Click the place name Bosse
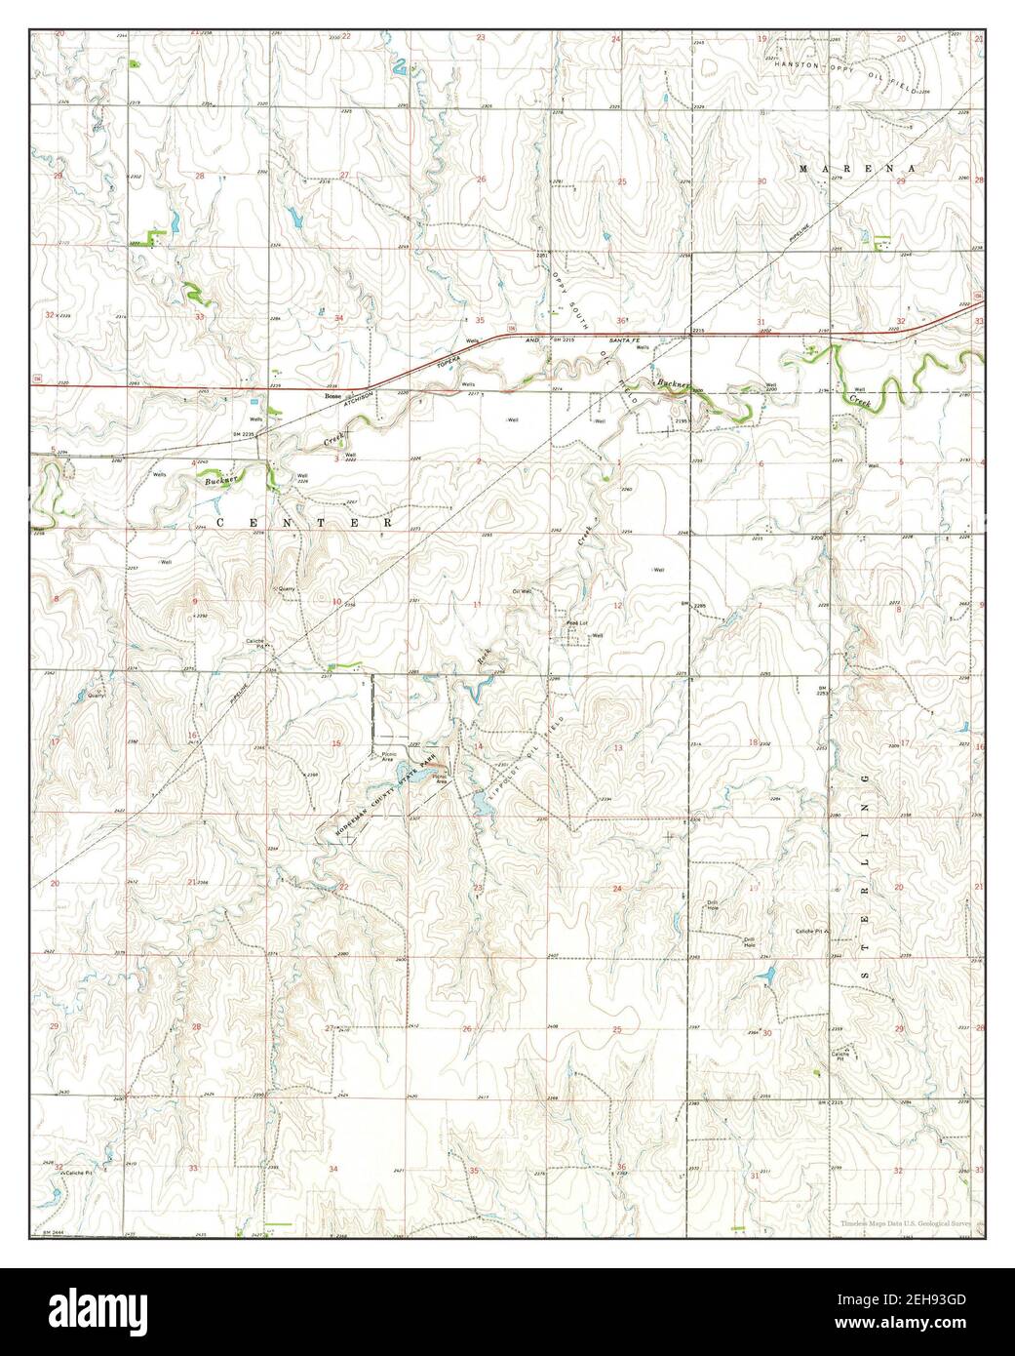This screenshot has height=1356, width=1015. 332,398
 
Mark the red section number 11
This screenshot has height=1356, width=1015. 477,605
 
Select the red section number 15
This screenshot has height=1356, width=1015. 336,743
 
